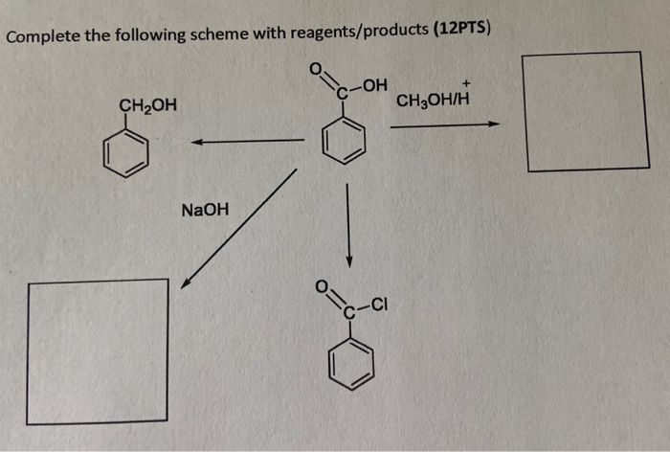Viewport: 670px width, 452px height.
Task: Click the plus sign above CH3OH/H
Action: [466, 83]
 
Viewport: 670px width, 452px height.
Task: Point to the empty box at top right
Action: [585, 112]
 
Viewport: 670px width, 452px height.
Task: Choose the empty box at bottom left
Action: [98, 351]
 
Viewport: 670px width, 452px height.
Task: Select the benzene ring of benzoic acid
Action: [344, 143]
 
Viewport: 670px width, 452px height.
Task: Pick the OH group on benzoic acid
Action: [374, 86]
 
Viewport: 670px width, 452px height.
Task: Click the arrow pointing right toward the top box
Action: [444, 124]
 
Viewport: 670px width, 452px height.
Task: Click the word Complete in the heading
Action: [41, 38]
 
